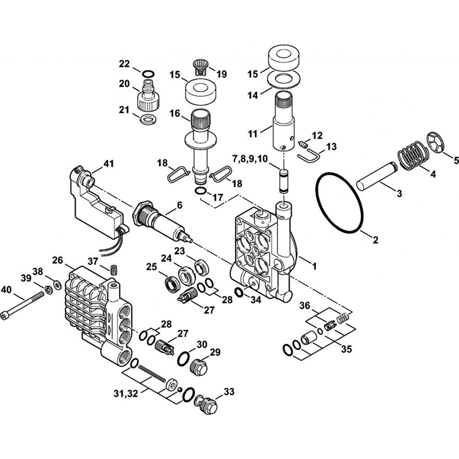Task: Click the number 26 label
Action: coord(57,260)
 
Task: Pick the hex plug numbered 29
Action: coord(199,367)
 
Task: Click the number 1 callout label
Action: coord(314,265)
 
